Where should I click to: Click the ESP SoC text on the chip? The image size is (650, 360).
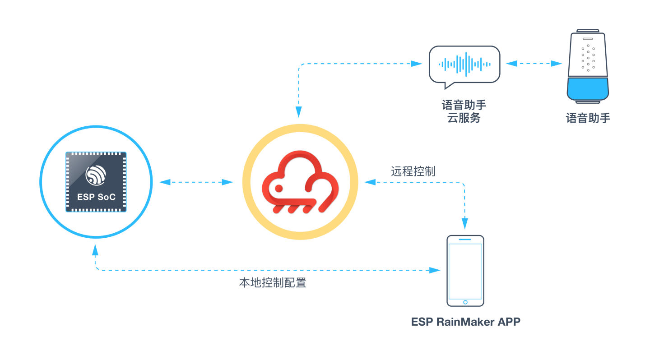point(96,197)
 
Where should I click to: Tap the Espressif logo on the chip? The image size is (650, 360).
point(96,175)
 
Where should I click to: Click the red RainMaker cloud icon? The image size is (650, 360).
point(300,182)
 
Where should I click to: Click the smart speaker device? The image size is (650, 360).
point(588,66)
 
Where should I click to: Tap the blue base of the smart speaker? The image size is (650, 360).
point(588,89)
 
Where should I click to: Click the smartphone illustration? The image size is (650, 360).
point(465,271)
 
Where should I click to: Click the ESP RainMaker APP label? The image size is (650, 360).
point(465,322)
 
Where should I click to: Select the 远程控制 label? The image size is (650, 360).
point(413,171)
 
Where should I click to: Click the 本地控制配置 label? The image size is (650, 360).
point(273,282)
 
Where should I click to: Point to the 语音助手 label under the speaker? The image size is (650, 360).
point(588,118)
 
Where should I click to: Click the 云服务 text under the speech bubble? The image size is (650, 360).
point(464,118)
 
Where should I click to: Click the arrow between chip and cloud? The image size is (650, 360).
point(196,182)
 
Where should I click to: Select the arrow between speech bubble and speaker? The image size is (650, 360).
point(534,64)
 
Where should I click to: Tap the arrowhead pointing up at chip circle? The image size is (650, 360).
point(95,250)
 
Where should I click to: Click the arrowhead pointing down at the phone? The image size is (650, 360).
point(464,224)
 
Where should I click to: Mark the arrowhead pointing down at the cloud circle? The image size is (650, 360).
point(299,112)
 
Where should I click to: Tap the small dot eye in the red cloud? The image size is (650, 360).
point(279,188)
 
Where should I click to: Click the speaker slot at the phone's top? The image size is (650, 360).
point(465,239)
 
